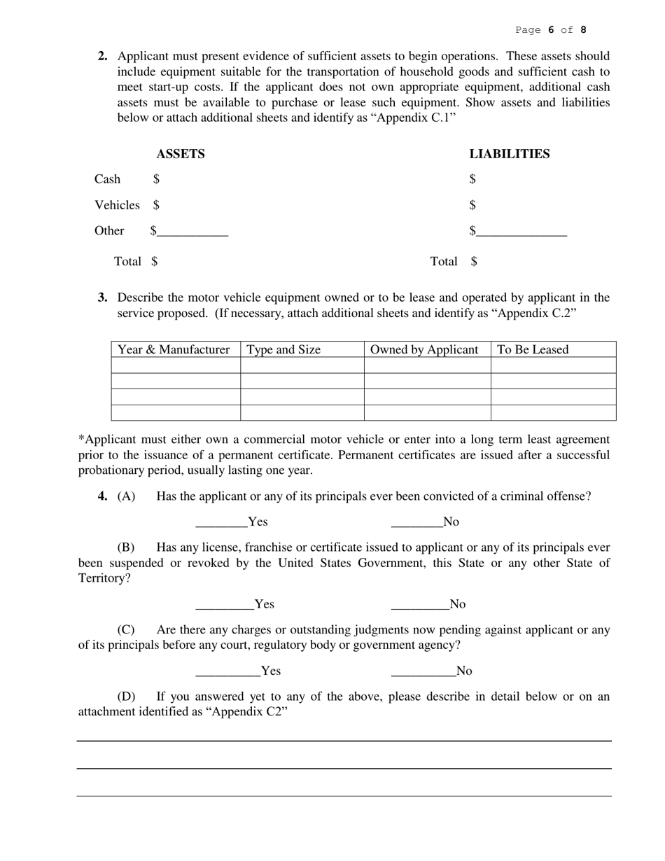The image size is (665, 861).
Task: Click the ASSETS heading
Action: pos(180,154)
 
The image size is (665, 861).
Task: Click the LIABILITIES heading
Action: pos(509,154)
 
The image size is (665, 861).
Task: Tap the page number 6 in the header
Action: pos(551,30)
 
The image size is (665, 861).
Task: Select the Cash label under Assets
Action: pos(107,179)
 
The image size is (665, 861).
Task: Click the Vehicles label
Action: pos(117,205)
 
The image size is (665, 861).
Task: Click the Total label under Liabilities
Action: pos(443,262)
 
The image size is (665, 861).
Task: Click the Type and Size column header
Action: pos(283,349)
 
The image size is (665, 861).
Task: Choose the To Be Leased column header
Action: pos(533,349)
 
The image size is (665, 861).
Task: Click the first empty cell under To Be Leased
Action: pos(553,365)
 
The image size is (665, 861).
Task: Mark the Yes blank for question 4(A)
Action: pos(221,523)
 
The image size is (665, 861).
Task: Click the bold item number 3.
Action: pos(103,297)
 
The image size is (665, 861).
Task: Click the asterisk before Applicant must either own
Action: pos(80,439)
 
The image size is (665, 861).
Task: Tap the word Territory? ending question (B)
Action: pos(104,578)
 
